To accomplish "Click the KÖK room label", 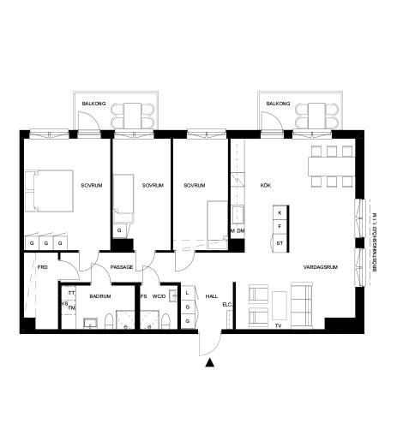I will point(266,185).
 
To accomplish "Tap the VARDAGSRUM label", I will point(320,267).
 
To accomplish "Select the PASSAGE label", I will point(122,267).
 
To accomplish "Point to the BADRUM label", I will point(100,296).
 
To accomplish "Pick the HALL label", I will point(212,296).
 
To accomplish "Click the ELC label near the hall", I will point(227,304).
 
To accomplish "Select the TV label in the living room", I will point(277,326).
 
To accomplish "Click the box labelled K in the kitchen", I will point(280,212).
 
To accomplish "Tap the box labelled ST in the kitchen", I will point(280,243).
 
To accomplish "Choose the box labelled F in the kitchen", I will point(280,227).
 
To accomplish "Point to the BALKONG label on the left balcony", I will point(93,104).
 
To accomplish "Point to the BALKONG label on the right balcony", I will point(279,104).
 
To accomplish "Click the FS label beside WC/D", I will point(143,296).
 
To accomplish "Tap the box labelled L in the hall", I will point(187,292).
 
